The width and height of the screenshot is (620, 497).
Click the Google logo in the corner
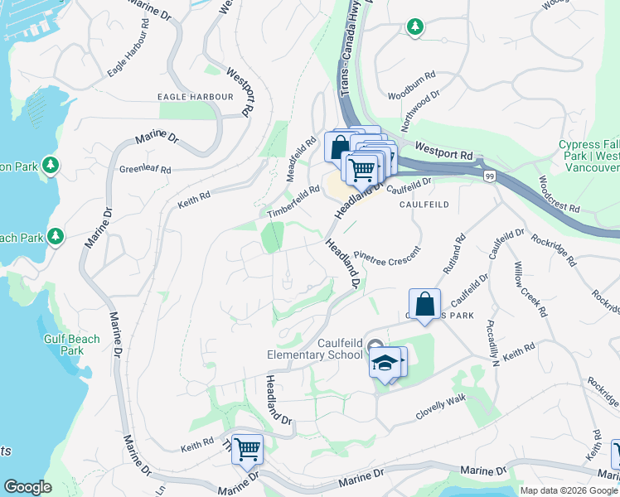[x=27, y=487]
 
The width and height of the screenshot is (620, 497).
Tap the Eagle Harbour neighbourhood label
[x=196, y=97]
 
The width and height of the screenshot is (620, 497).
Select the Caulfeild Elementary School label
[x=340, y=349]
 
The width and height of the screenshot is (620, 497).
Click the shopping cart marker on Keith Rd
[x=247, y=450]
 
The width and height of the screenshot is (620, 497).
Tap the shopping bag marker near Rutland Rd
[x=424, y=303]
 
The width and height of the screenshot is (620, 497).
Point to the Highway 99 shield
[x=490, y=176]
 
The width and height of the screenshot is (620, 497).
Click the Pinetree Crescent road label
[x=387, y=251]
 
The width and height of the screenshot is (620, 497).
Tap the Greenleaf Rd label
[x=145, y=169]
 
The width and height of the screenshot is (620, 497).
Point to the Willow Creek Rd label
[x=530, y=289]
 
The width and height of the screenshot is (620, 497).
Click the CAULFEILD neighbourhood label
[x=424, y=204]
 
